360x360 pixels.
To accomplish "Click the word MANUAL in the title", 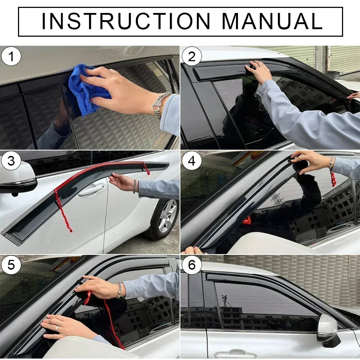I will click(272, 21).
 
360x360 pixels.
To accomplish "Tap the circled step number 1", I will click(11, 57).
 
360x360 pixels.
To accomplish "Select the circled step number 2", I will click(192, 57).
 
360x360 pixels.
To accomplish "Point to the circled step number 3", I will click(11, 161).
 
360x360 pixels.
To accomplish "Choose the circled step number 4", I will click(192, 161).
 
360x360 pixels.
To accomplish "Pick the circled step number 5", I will click(11, 265).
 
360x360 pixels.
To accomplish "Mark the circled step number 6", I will click(192, 265).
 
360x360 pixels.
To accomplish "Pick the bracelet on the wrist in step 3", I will click(135, 186).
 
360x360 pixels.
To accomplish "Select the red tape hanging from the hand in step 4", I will click(333, 179).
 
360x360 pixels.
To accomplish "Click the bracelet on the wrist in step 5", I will click(119, 290).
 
